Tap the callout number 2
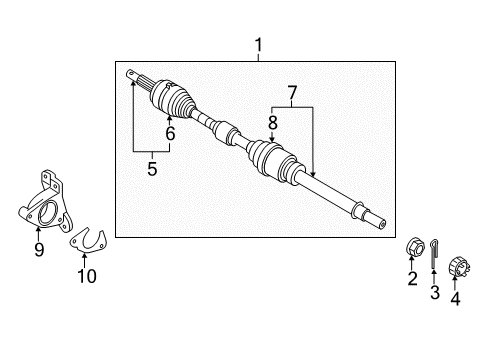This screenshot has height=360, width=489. pos(412,280)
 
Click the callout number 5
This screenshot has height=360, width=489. pos(152,169)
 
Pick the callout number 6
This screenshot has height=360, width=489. pos(170,133)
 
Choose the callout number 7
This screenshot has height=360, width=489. pos(291,93)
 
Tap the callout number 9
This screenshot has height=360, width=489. pos(39,250)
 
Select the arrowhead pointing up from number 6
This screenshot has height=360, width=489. pos(170,119)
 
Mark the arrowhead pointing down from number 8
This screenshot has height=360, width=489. pos(272,138)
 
